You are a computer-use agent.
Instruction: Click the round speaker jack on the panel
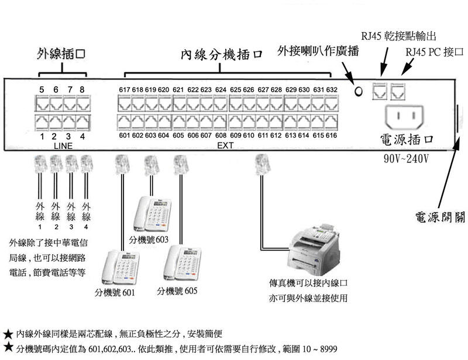pyautogui.click(x=359, y=91)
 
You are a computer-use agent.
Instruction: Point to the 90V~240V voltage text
pyautogui.click(x=405, y=158)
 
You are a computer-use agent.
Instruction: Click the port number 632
pyautogui.click(x=332, y=89)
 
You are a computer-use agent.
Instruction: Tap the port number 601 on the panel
pyautogui.click(x=123, y=136)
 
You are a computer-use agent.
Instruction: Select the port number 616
pyautogui.click(x=332, y=136)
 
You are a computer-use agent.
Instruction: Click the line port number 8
pyautogui.click(x=82, y=89)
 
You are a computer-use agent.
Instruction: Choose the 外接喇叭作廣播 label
pyautogui.click(x=319, y=51)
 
